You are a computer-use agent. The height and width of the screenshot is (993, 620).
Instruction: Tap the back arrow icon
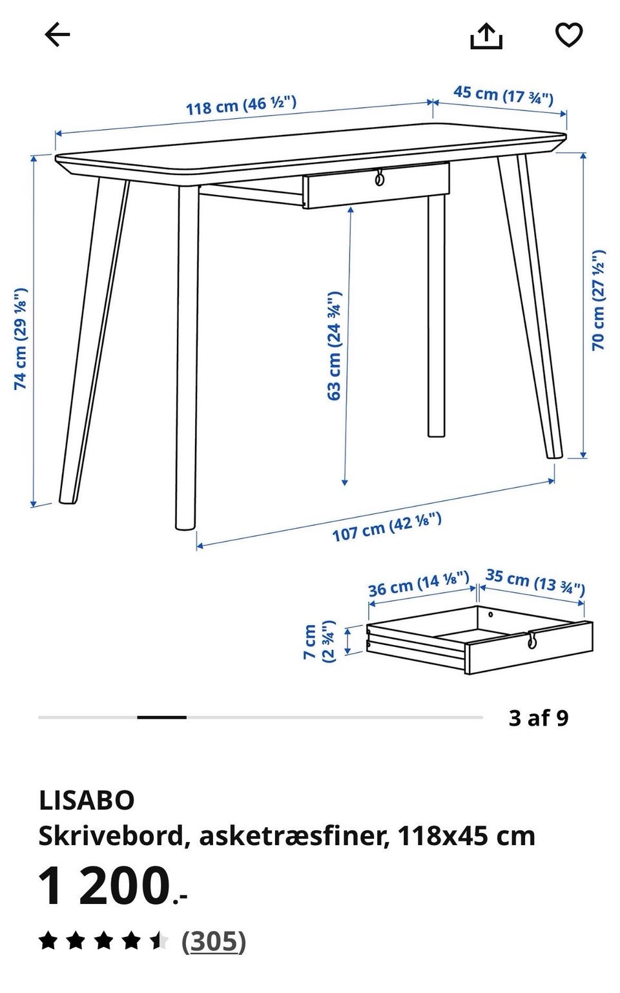pyautogui.click(x=57, y=35)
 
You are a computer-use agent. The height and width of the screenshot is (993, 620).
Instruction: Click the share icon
pyautogui.click(x=486, y=36)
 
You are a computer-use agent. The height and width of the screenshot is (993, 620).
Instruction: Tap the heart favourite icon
pyautogui.click(x=569, y=35)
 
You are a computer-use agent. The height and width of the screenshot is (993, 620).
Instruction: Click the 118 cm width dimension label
pyautogui.click(x=241, y=105)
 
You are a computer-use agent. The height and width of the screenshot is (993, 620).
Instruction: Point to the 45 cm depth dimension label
pyautogui.click(x=503, y=96)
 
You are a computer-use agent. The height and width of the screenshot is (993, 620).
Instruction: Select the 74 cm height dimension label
pyautogui.click(x=21, y=339)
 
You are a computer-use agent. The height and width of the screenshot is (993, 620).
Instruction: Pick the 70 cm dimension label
pyautogui.click(x=598, y=300)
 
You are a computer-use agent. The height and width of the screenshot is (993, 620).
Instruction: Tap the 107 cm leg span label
pyautogui.click(x=387, y=527)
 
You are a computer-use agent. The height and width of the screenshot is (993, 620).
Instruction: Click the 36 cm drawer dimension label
pyautogui.click(x=418, y=584)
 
